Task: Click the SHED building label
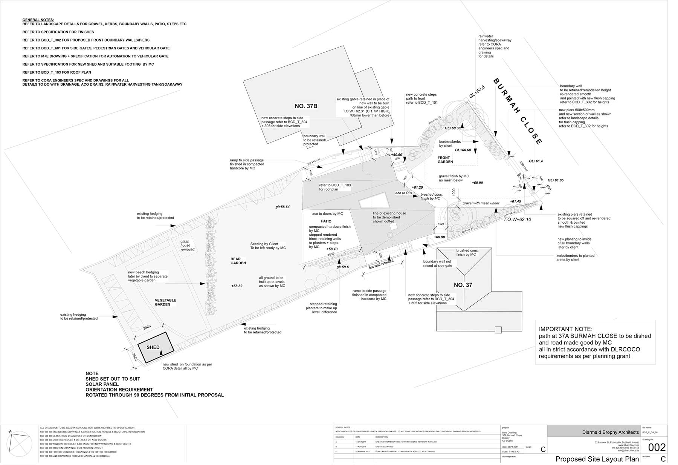pos(153,347)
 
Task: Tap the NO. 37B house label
pos(306,106)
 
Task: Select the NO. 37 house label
pos(463,285)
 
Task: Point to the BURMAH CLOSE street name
pos(518,112)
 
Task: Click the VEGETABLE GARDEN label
pos(165,302)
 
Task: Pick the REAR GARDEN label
pos(238,261)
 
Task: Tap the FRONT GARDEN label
pos(445,160)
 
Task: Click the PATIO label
pos(326,221)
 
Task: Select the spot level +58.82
pos(237,286)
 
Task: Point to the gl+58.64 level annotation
pos(282,207)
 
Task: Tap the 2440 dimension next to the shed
pos(135,357)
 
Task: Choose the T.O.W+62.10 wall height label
pos(517,219)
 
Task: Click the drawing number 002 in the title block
pos(657,448)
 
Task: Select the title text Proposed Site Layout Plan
pos(597,459)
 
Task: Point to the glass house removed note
pos(187,246)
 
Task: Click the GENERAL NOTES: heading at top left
pos(38,20)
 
